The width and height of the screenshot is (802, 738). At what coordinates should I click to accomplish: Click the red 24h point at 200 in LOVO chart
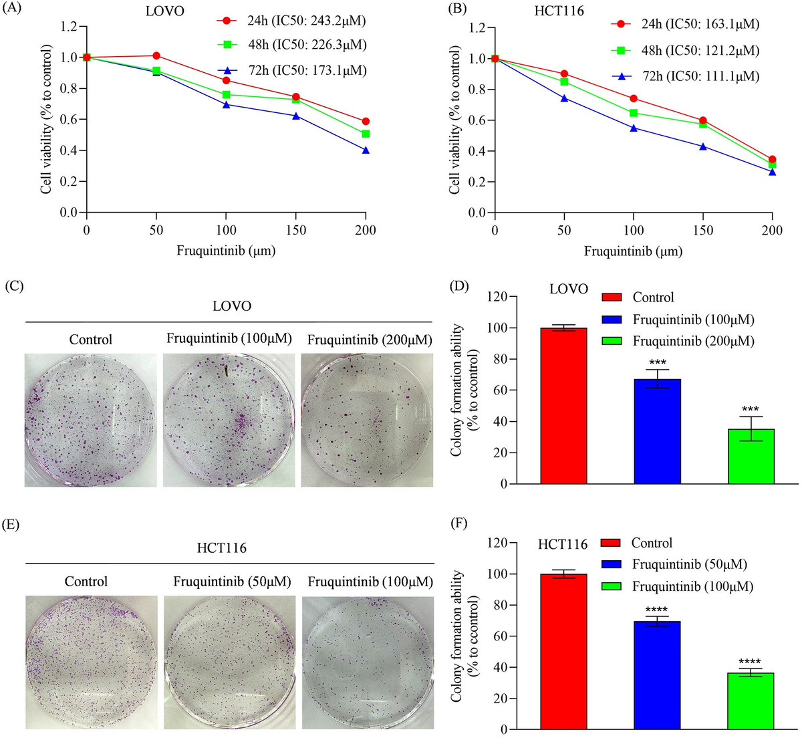point(366,121)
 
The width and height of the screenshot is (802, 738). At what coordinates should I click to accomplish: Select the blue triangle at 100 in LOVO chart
point(226,105)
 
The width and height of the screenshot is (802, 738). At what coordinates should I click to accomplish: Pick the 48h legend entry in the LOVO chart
point(292,45)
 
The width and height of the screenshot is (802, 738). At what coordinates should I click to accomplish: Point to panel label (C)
point(14,285)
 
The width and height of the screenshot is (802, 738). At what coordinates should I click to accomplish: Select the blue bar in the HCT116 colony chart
point(657,675)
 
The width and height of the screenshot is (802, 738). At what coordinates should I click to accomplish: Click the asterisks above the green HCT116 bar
point(751,658)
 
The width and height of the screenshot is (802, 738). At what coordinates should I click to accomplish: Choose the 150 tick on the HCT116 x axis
point(703,231)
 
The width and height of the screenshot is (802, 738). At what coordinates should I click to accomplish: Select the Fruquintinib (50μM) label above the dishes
point(232,582)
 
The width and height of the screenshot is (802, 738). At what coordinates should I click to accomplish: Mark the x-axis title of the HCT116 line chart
point(633,252)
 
